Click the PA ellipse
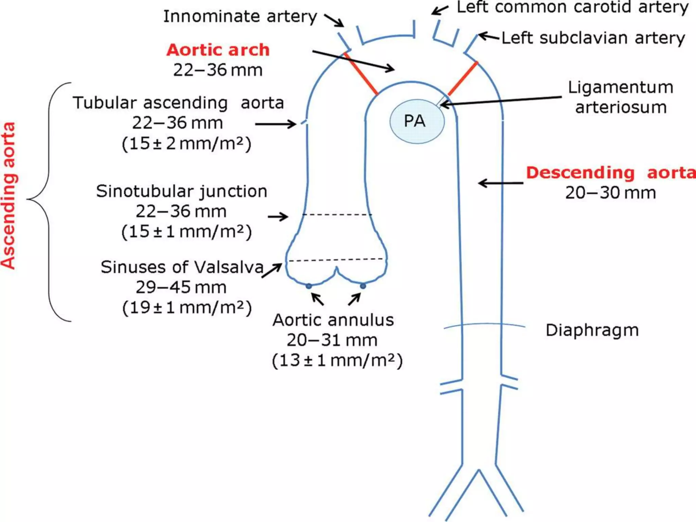[417, 121]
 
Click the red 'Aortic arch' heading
[218, 50]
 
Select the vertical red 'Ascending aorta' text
[8, 196]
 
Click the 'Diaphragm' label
[592, 330]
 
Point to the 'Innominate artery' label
[240, 16]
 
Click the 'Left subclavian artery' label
[593, 38]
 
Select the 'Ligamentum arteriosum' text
[621, 97]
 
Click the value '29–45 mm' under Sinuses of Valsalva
[181, 288]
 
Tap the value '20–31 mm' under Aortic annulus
[332, 340]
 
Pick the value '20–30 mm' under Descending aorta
[610, 193]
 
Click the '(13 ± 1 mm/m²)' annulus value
[337, 360]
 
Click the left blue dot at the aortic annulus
[309, 286]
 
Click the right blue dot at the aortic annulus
[363, 286]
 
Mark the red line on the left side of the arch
[361, 73]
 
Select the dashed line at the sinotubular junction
[337, 214]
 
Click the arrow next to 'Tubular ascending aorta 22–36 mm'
[275, 124]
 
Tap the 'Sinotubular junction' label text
[181, 191]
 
